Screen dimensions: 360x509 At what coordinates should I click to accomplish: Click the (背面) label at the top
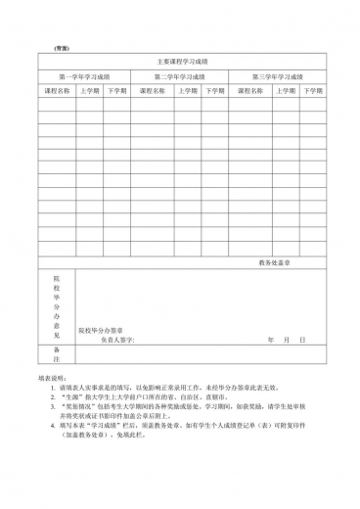click(61, 48)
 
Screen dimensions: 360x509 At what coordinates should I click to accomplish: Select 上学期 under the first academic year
click(90, 91)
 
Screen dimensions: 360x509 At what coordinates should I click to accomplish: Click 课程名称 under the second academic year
click(154, 91)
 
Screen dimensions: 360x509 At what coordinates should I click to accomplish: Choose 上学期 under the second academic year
click(186, 91)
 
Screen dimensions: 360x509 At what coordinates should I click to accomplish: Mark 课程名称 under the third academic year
click(250, 91)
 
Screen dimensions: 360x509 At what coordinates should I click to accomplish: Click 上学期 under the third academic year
click(285, 91)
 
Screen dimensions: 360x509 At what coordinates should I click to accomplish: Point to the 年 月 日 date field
click(286, 340)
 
